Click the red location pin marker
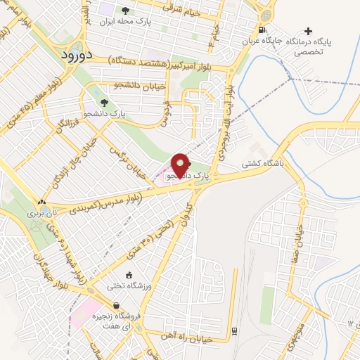click(x=181, y=165)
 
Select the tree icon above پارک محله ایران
click(x=126, y=11)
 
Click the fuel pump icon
click(x=262, y=30)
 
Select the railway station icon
click(x=233, y=331)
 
